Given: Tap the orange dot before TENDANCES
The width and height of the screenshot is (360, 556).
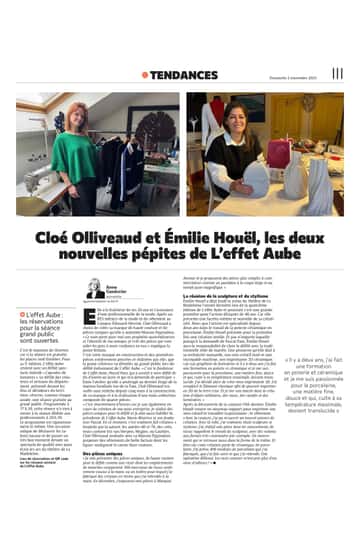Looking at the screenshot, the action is click(144, 74).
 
